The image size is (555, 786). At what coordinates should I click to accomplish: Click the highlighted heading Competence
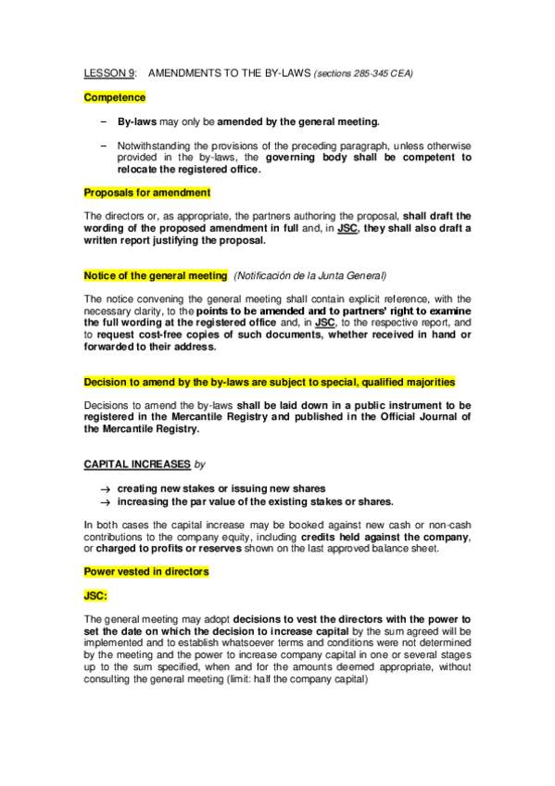pos(115,96)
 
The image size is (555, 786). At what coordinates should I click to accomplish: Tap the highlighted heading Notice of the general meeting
pos(156,275)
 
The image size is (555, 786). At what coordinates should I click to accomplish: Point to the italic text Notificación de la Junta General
pos(310,275)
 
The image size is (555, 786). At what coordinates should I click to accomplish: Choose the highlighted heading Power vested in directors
pos(146,572)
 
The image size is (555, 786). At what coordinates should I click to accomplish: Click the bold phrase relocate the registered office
pos(189,170)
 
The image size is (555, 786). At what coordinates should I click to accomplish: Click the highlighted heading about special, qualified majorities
pos(269,382)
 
